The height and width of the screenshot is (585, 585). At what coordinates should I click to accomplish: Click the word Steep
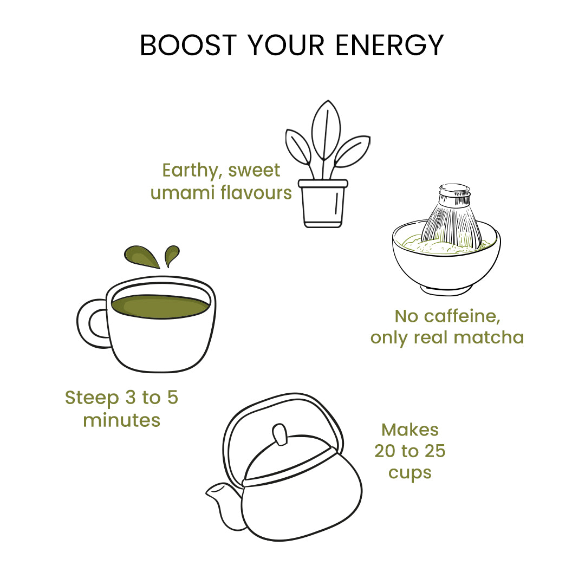coord(92,398)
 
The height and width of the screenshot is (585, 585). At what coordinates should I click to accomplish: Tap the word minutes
coord(121,420)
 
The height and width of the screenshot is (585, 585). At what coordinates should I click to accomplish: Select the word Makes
coord(410,430)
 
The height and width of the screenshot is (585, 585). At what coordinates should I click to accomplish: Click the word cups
coord(410,473)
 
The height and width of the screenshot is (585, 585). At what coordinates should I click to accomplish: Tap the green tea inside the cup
coord(160,307)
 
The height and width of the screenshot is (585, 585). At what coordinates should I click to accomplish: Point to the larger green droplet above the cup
coord(141,256)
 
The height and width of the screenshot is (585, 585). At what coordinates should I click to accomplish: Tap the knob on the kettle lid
coord(279,435)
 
